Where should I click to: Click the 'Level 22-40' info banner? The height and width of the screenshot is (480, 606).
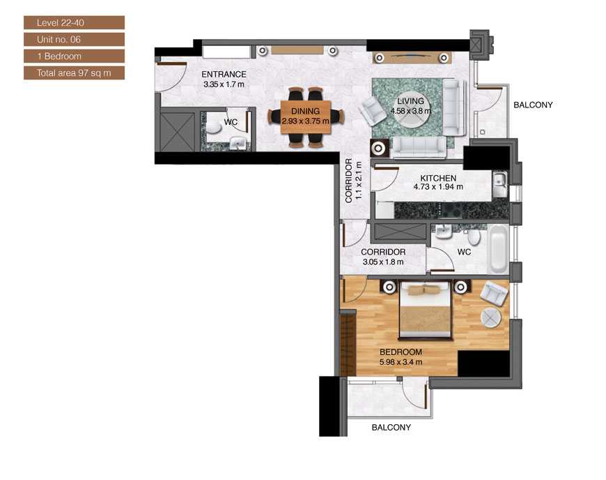(75, 22)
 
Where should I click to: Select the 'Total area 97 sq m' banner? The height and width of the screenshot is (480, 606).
(75, 73)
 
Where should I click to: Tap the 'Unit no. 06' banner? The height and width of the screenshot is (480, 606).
(75, 39)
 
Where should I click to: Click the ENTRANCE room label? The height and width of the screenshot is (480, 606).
(224, 75)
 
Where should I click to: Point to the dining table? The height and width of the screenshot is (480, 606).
(306, 117)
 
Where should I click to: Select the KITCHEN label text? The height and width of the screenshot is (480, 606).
(438, 178)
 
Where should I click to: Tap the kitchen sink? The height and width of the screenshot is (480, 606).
(499, 181)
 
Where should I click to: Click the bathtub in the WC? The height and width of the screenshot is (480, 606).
(498, 249)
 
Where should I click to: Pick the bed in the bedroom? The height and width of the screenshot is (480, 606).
(425, 310)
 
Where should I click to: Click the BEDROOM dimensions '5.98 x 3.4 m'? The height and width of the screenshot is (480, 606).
(401, 362)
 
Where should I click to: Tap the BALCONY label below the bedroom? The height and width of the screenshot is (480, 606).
(391, 428)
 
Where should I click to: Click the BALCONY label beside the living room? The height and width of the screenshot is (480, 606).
(533, 105)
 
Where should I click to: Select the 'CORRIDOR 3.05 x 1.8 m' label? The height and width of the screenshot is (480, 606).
(383, 257)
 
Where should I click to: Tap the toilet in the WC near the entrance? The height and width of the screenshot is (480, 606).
(212, 126)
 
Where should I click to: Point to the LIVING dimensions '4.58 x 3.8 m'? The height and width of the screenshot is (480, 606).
(410, 111)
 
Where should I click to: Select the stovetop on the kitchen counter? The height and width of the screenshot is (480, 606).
(450, 211)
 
